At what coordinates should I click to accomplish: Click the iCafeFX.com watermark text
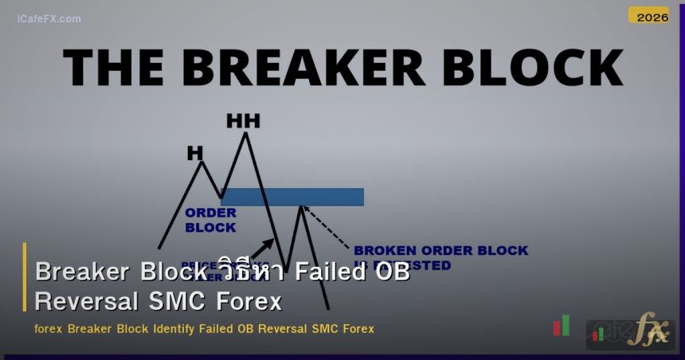coord(49,18)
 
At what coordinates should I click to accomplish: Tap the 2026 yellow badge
coord(648,16)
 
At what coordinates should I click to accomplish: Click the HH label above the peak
coord(243,121)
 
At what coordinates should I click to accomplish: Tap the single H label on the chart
coord(195,153)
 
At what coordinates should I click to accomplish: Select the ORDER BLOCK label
coord(210,220)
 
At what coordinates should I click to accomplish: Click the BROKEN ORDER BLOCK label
coord(440,251)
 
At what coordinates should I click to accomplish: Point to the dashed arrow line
coord(327,225)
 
